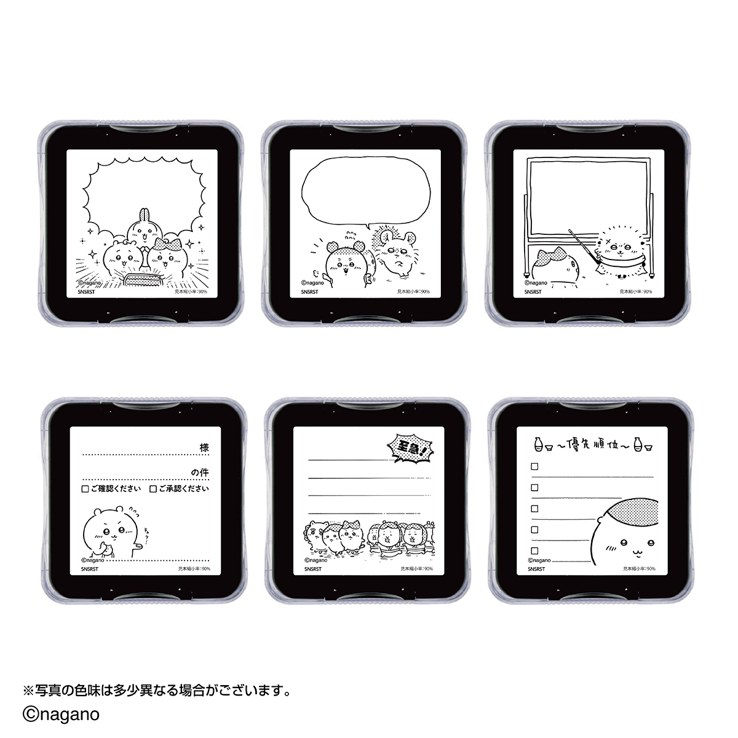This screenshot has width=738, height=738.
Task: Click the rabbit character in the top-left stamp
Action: (x=143, y=230)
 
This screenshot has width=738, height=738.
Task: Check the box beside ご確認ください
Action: (x=85, y=489)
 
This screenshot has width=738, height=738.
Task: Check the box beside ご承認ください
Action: (x=153, y=489)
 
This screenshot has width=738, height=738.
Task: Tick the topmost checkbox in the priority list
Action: (x=534, y=467)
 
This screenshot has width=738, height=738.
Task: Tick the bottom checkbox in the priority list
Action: (x=534, y=550)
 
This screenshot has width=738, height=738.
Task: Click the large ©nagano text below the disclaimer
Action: (x=61, y=715)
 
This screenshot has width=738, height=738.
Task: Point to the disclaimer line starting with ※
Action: (x=156, y=691)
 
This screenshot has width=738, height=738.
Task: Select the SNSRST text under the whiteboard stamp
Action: (x=533, y=292)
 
